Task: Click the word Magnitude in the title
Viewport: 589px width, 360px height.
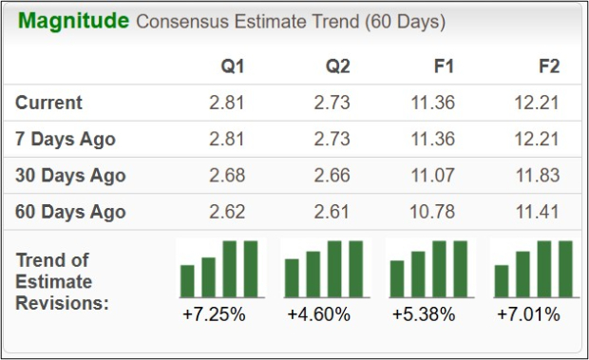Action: tap(73, 21)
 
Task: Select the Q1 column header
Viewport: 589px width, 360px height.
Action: tap(234, 66)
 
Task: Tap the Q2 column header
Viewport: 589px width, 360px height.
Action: tap(337, 66)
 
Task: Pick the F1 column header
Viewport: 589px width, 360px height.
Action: tap(444, 66)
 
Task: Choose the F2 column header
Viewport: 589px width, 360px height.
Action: tap(548, 66)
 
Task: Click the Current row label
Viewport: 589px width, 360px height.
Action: tap(49, 103)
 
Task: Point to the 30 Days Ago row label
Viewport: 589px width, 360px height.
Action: tap(70, 176)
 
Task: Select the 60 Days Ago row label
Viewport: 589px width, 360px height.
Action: tap(70, 212)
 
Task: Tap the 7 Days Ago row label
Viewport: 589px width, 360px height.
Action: tap(66, 139)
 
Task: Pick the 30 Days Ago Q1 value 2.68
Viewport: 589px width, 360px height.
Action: tap(228, 176)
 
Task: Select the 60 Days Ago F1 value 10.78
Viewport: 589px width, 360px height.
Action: tap(437, 212)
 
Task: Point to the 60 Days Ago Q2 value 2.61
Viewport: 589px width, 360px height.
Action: tap(332, 212)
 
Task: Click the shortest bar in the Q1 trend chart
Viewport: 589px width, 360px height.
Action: tap(187, 281)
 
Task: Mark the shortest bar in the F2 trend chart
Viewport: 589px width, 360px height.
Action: tap(502, 281)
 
